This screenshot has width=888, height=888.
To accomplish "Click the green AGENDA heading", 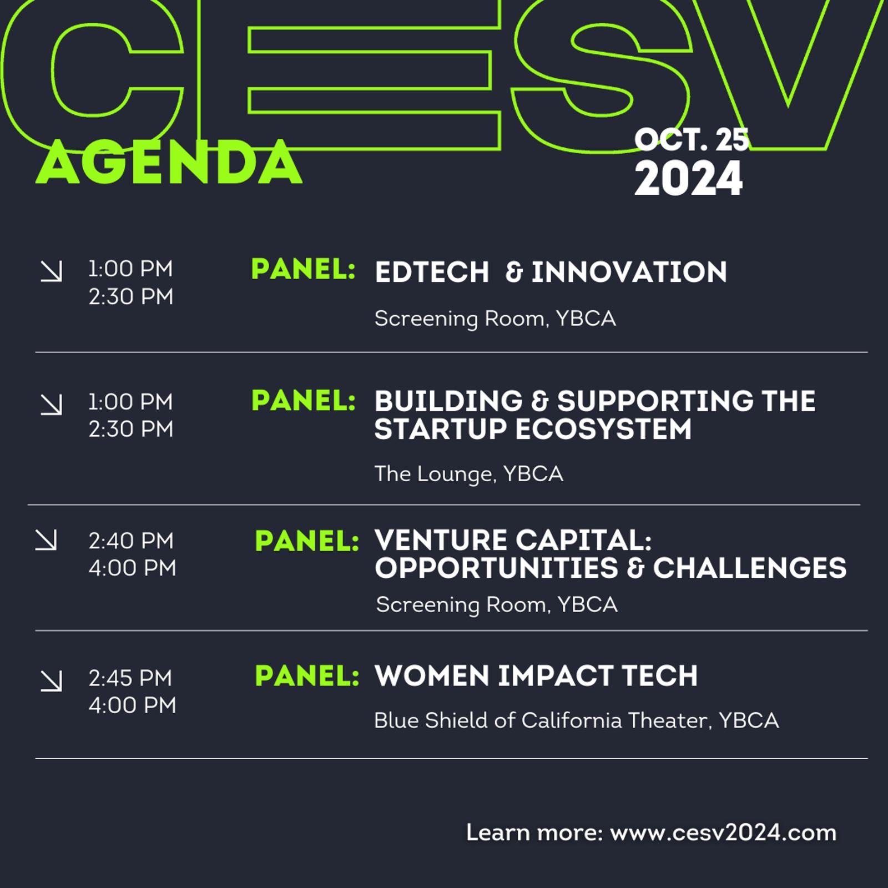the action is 169,163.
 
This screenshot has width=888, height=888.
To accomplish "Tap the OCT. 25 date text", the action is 692,139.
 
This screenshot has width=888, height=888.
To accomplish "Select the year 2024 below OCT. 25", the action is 688,179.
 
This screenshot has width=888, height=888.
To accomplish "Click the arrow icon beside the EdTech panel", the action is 52,271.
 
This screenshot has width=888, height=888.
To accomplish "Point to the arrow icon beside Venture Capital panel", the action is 46,540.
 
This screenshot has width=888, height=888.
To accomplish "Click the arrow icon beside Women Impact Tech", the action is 52,681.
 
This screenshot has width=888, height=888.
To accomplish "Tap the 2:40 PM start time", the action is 131,541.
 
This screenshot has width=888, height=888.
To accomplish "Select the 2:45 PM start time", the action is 130,678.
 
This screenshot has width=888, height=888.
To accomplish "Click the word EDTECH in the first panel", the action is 432,273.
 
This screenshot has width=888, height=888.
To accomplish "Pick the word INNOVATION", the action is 629,273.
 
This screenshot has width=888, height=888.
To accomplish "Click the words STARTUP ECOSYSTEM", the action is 533,429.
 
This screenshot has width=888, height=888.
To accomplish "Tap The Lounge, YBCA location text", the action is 469,474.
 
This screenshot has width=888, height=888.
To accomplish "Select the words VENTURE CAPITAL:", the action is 513,540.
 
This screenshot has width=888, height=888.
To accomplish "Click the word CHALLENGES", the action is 750,568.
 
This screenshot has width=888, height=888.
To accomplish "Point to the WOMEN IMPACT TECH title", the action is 536,675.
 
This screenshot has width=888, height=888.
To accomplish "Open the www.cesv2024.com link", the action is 723,833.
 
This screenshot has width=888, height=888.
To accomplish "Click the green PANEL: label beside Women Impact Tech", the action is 307,675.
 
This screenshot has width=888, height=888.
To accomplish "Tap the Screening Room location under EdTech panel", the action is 495,319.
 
